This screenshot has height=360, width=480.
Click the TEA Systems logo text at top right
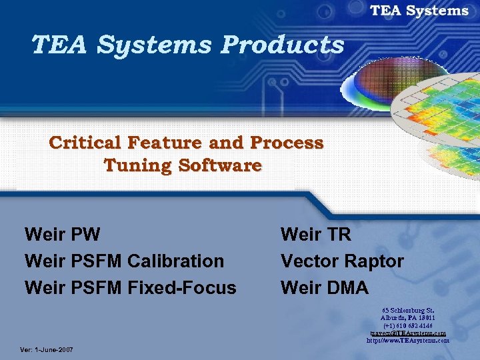click(x=419, y=11)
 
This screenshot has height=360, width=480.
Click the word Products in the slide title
click(x=283, y=45)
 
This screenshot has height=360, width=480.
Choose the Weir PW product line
click(x=62, y=234)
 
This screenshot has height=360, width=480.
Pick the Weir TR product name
click(x=316, y=234)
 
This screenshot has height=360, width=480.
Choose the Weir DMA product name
click(x=325, y=287)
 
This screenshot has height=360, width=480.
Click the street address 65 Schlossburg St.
click(x=407, y=311)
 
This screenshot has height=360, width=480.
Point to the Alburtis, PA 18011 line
click(x=407, y=318)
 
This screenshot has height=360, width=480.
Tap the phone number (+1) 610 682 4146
click(x=407, y=325)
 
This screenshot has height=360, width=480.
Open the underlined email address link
click(x=407, y=333)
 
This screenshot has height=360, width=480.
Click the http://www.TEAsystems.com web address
click(x=407, y=340)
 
